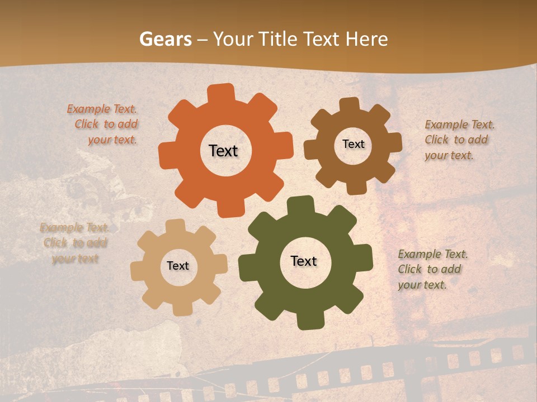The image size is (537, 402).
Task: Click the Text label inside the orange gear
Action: (223, 151)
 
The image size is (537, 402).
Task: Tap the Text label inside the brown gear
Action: (353, 144)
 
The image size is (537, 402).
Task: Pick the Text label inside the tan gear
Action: (178, 266)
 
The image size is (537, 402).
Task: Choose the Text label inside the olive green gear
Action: (304, 261)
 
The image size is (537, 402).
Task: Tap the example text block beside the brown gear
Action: (459, 140)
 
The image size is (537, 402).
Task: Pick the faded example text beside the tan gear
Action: (74, 243)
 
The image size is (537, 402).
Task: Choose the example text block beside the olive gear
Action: (431, 269)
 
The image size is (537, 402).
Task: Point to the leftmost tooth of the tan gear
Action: (138, 270)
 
